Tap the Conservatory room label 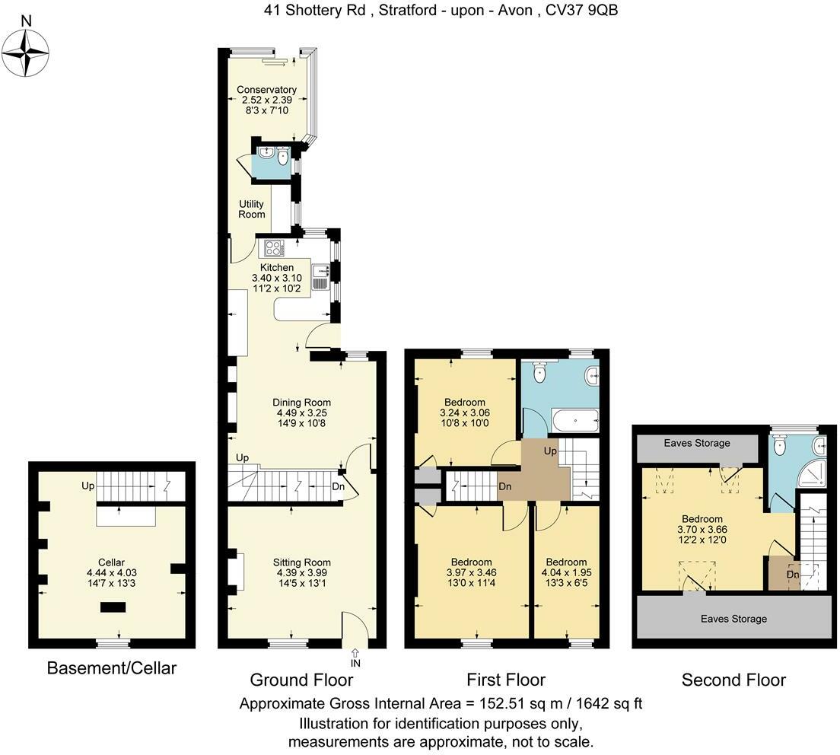click(266, 90)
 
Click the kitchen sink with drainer click(320, 276)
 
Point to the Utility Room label click(251, 209)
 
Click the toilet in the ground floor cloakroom click(283, 157)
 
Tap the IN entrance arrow click(355, 658)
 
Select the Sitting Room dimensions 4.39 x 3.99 click(301, 572)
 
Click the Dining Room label click(301, 403)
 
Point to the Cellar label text click(111, 562)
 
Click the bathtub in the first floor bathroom click(575, 421)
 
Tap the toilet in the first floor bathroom click(539, 372)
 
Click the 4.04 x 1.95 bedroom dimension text click(566, 572)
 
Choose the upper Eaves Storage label click(696, 443)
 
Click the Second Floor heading click(733, 680)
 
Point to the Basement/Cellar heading click(111, 667)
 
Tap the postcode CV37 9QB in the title click(582, 10)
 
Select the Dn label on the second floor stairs click(793, 575)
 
